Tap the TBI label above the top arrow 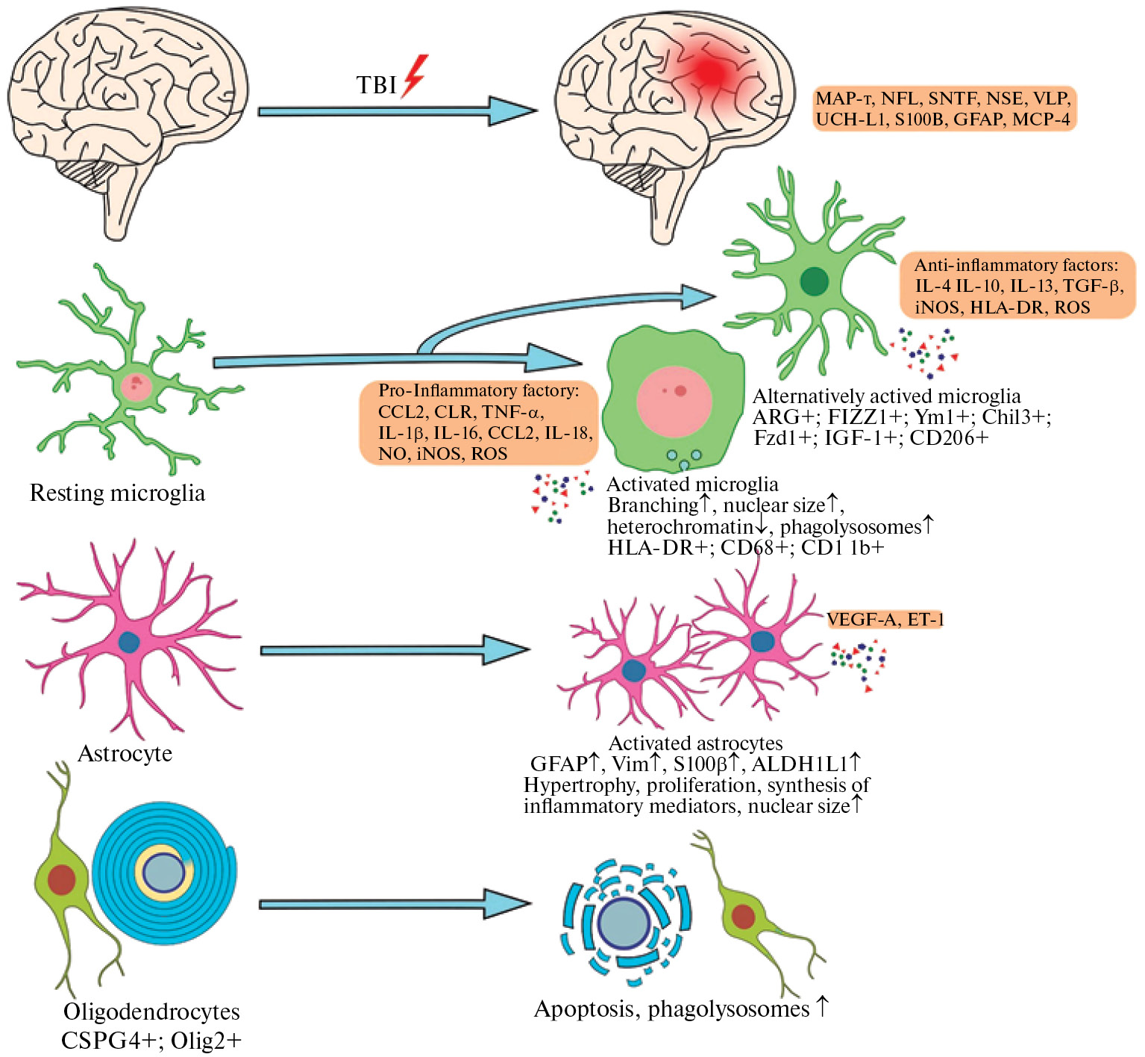click(376, 85)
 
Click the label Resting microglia click(117, 493)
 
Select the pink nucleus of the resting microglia click(136, 387)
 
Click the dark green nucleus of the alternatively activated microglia click(814, 281)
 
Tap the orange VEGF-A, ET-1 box click(885, 619)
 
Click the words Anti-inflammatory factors click(1016, 265)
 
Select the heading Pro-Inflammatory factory click(478, 390)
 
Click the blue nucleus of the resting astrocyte click(130, 643)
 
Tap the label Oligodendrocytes click(151, 1011)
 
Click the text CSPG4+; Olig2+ click(151, 1040)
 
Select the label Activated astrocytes click(695, 743)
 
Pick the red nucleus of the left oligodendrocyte click(61, 879)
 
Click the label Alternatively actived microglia click(886, 396)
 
